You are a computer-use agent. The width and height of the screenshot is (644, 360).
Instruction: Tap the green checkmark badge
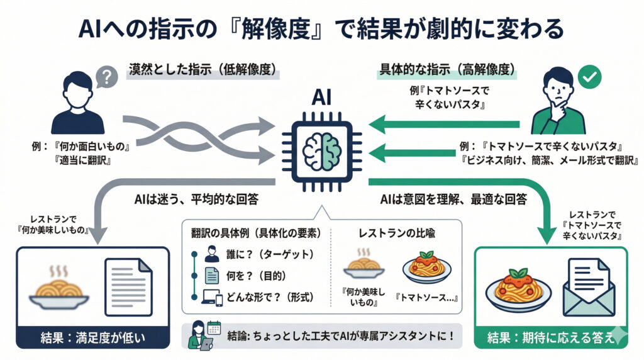point(590,77)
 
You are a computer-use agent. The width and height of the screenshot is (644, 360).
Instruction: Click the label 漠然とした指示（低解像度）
point(203,70)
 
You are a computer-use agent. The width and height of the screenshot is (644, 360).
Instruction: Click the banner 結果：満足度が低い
point(92,337)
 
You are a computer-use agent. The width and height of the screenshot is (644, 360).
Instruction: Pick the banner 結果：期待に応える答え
point(551,337)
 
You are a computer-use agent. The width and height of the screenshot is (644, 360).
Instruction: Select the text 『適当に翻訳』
point(86,160)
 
